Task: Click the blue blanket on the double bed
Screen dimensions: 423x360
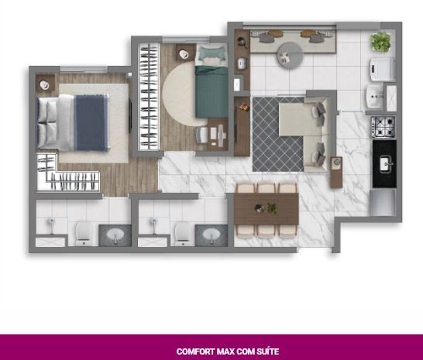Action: (x=91, y=122)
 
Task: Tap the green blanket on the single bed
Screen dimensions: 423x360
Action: (x=211, y=92)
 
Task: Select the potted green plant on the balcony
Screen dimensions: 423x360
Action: (x=380, y=42)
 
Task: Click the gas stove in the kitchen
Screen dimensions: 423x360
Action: (x=383, y=127)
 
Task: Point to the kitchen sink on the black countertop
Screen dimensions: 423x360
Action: (x=386, y=164)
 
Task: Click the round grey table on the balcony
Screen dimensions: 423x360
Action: (x=290, y=55)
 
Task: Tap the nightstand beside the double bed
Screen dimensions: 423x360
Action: (x=45, y=84)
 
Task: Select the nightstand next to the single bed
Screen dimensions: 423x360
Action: (x=185, y=53)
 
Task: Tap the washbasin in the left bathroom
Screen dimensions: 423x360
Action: (x=115, y=235)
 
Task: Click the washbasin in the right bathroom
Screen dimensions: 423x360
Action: (x=211, y=235)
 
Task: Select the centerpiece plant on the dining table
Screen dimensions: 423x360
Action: (x=272, y=208)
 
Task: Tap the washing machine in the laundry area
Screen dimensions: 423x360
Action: (x=383, y=69)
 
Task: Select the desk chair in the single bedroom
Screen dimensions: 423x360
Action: (x=201, y=135)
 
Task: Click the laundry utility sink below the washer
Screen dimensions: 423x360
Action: (x=375, y=97)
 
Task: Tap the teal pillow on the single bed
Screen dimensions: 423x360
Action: (x=211, y=54)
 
